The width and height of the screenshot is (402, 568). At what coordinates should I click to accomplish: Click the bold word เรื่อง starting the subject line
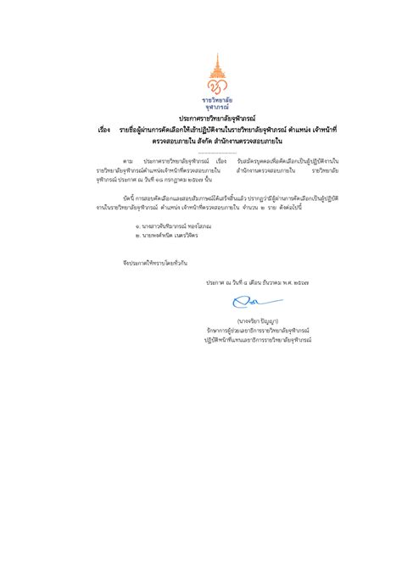coord(105,129)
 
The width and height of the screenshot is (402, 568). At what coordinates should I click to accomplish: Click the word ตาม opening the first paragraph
coord(127,160)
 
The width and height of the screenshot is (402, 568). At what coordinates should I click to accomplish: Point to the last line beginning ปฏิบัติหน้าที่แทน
coord(257,339)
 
